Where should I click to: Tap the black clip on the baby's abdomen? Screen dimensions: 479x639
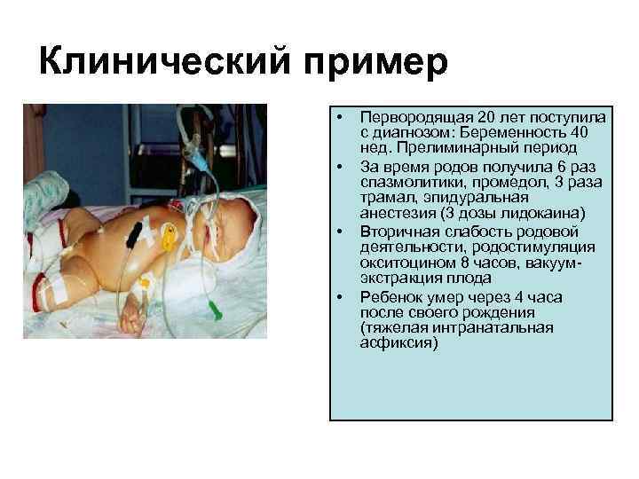click(x=135, y=232)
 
